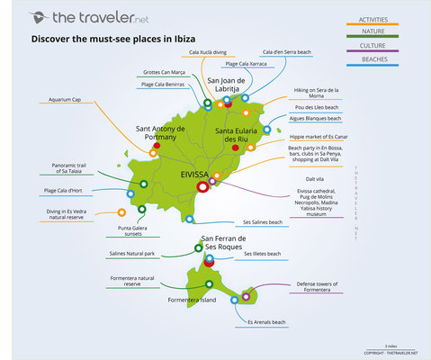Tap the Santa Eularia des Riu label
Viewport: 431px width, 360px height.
pos(237,135)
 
